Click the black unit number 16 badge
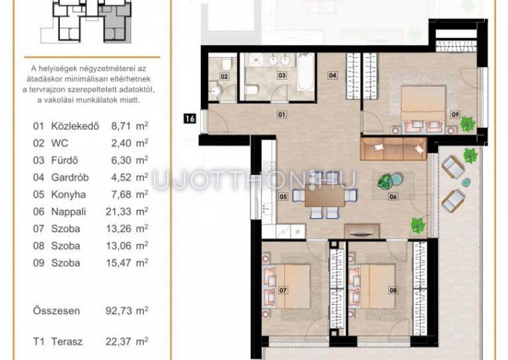190,119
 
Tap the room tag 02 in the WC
224,76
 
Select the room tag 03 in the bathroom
282,76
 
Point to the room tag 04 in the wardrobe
332,76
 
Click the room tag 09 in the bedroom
455,114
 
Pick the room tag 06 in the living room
393,196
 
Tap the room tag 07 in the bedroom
283,290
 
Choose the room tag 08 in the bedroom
393,290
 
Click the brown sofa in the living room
393,149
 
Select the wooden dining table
325,196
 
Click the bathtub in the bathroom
306,71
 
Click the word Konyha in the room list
68,195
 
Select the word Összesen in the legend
56,311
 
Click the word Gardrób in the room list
70,178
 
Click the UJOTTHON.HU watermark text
255,180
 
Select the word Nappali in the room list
68,212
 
